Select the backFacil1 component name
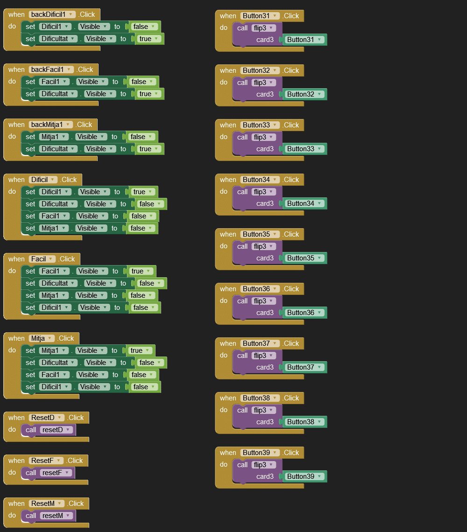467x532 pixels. pos(51,70)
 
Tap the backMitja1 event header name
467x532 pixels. pos(50,125)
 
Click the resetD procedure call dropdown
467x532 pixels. pos(56,430)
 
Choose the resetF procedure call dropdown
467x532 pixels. pos(56,473)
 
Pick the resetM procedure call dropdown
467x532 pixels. pos(56,516)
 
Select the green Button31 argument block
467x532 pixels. pos(304,40)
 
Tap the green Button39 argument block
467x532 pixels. pos(304,476)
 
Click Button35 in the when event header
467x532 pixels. pos(260,234)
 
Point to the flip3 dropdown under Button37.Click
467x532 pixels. pos(264,356)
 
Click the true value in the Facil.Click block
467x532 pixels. pos(141,271)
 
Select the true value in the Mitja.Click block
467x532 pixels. pos(140,350)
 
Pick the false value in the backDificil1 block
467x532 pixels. pos(144,27)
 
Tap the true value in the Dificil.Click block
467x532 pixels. pos(143,192)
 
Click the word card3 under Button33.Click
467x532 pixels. pos(265,149)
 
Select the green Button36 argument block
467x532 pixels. pos(304,313)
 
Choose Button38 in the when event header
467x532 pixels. pos(260,398)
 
